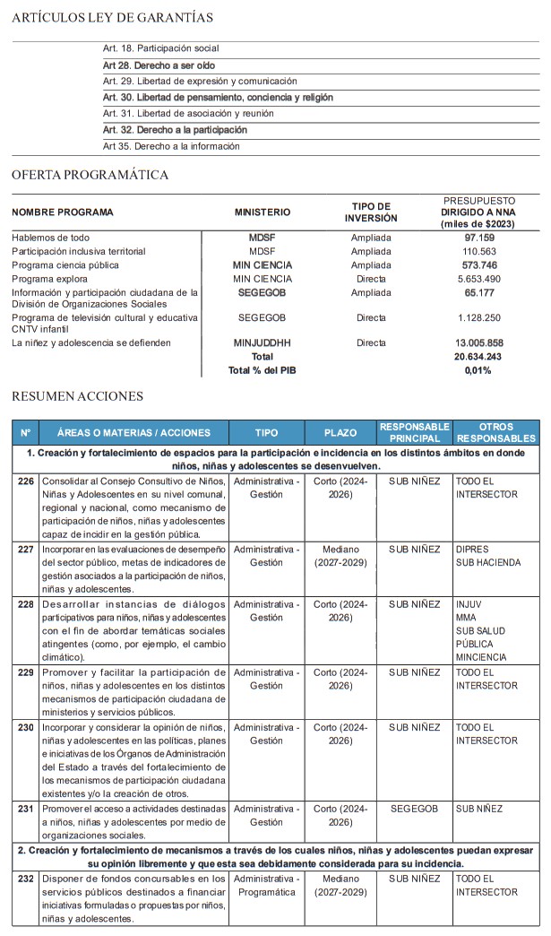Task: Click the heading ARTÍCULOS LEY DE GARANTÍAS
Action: pyautogui.click(x=113, y=17)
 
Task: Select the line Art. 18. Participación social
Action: pyautogui.click(x=161, y=48)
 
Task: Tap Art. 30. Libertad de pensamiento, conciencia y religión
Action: pyautogui.click(x=218, y=97)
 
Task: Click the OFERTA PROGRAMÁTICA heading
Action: pyautogui.click(x=90, y=175)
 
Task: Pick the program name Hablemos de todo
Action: pyautogui.click(x=50, y=238)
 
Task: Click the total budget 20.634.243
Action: pyautogui.click(x=478, y=356)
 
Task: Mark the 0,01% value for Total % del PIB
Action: pyautogui.click(x=478, y=369)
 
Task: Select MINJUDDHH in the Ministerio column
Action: pyautogui.click(x=262, y=342)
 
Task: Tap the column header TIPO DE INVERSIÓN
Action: pyautogui.click(x=371, y=212)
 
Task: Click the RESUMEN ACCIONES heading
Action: pyautogui.click(x=77, y=395)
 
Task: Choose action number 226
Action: pyautogui.click(x=26, y=481)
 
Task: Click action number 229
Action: pyautogui.click(x=26, y=672)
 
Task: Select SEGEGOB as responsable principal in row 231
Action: pyautogui.click(x=415, y=808)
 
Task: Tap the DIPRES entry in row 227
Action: pyautogui.click(x=471, y=549)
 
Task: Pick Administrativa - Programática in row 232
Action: pyautogui.click(x=266, y=885)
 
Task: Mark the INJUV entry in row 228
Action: pyautogui.click(x=469, y=605)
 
